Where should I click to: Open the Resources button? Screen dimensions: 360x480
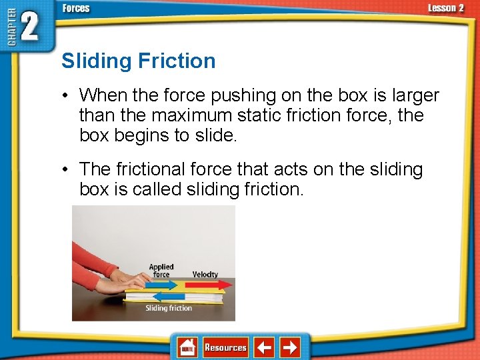225,347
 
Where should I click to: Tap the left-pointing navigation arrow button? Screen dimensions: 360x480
265,347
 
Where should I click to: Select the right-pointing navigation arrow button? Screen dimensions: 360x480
289,347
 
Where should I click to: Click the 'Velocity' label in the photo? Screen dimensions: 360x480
205,274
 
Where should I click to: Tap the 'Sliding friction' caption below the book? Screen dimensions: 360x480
169,308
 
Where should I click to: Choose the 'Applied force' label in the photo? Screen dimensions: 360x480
161,271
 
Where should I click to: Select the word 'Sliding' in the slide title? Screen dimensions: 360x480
97,61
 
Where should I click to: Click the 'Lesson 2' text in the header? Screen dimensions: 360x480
445,8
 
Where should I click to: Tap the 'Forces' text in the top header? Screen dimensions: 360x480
76,8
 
